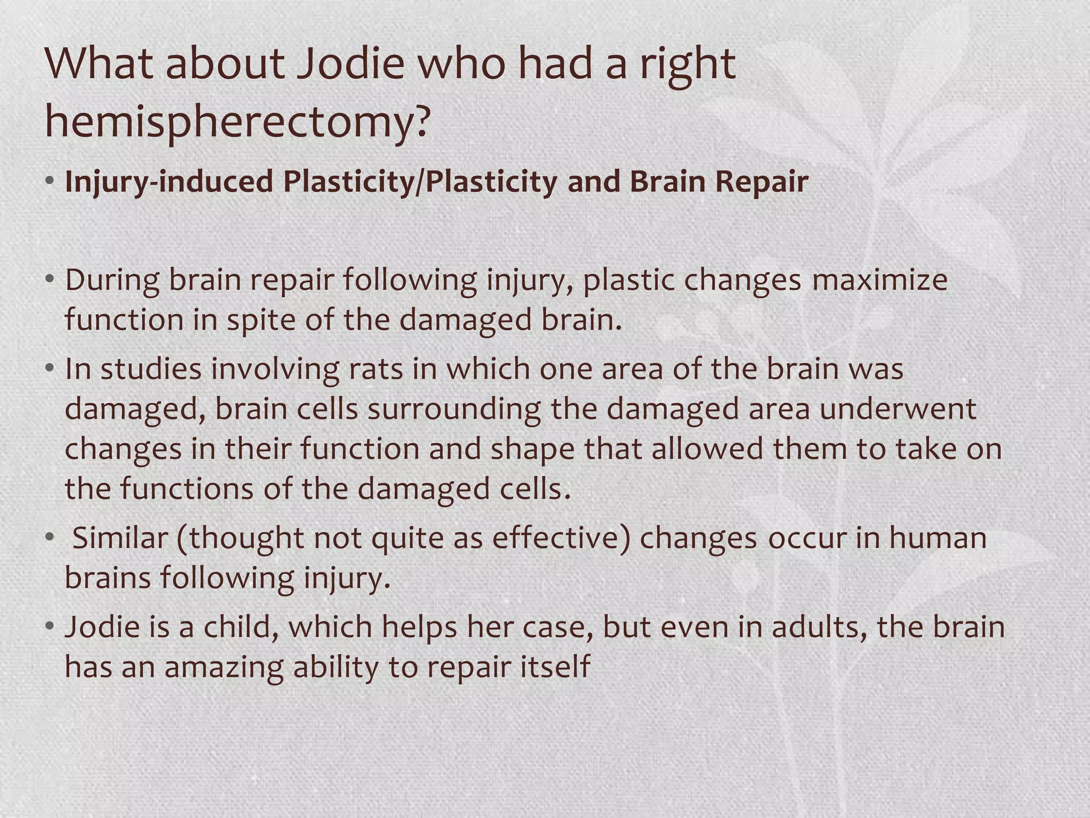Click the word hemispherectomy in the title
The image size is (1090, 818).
point(236,121)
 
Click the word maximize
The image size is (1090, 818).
point(879,280)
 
